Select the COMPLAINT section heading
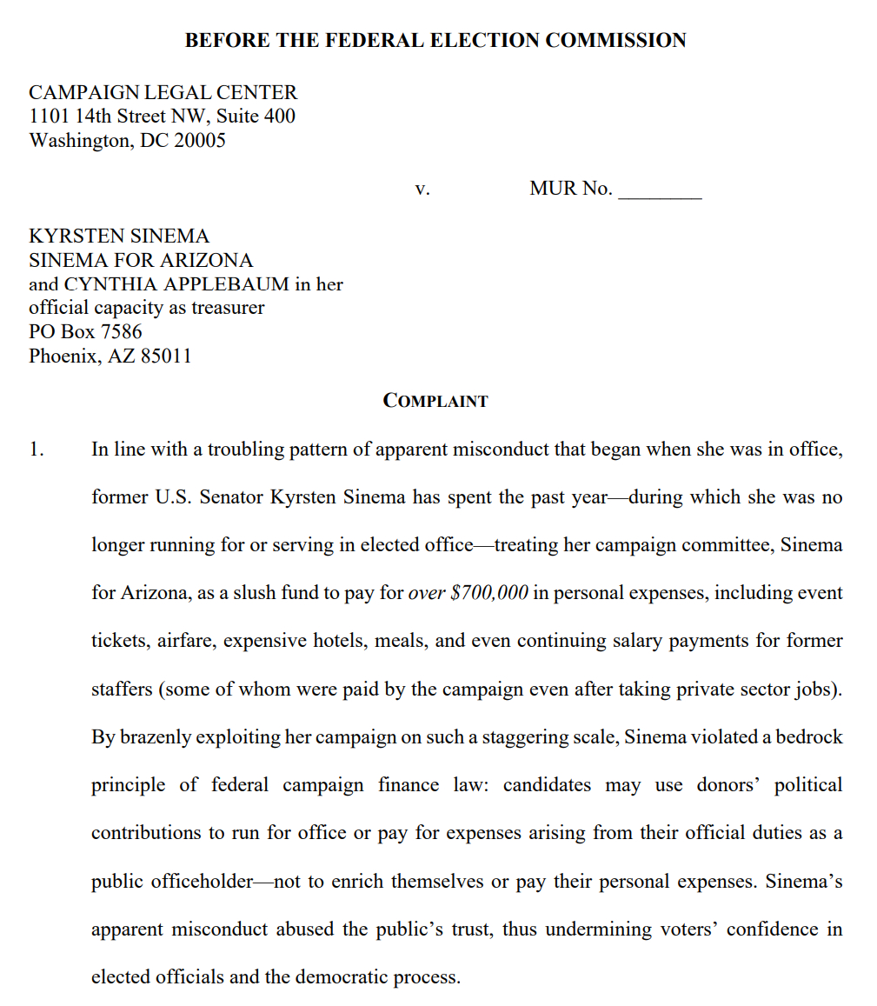click(435, 401)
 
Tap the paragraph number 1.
click(36, 450)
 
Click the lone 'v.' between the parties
click(422, 189)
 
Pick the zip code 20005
click(199, 141)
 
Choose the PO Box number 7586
click(122, 332)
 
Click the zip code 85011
click(165, 356)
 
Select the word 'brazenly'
click(154, 736)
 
